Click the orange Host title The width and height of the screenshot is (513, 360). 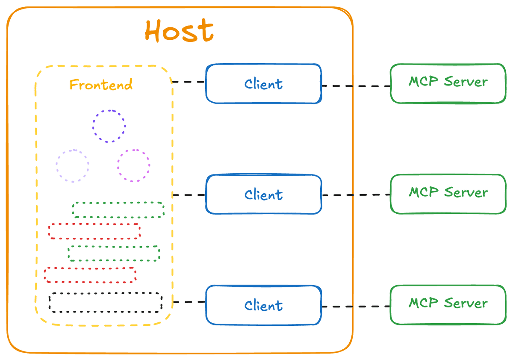tap(179, 30)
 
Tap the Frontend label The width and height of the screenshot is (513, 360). tap(101, 84)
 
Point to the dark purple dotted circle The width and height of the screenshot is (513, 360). tap(109, 110)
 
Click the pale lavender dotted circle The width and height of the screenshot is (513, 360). tap(73, 150)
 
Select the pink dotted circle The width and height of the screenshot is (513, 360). tap(134, 150)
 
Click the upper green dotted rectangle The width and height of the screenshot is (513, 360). tap(118, 203)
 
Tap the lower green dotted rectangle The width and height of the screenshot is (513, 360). tap(114, 247)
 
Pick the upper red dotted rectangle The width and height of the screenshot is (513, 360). tap(94, 224)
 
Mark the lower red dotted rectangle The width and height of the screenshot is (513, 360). tap(90, 268)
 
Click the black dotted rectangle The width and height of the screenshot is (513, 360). tap(105, 293)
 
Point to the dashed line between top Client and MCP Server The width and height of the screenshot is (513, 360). tap(356, 86)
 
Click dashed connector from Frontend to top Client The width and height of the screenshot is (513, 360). tap(188, 82)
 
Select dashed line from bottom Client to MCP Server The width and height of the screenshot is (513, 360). tap(356, 307)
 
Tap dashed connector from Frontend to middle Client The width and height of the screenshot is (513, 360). tap(189, 195)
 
